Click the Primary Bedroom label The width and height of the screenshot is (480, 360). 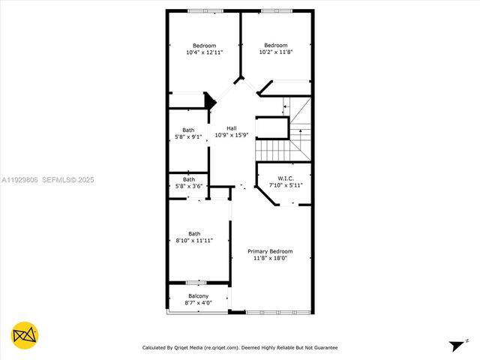pos(270,250)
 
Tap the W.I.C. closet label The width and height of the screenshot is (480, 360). pos(284,178)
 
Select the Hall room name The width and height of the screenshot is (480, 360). pos(232,128)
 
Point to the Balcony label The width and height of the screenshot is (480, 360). pos(198,296)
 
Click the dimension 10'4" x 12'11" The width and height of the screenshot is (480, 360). pos(205,52)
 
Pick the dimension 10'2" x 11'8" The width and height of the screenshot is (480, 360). pos(276,52)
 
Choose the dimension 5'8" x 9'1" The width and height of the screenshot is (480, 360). pos(188,136)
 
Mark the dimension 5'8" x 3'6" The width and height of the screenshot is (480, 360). pos(189,185)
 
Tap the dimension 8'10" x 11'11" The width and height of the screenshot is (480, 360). pos(195,240)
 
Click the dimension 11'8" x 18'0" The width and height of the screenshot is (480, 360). pos(270,257)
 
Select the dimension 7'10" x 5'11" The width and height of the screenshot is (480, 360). pos(284,184)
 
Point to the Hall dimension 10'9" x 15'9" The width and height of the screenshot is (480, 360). pos(232,135)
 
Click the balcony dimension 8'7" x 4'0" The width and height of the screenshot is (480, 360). pos(198,303)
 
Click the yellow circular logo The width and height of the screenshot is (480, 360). pos(25,334)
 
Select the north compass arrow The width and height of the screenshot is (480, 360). pos(457,346)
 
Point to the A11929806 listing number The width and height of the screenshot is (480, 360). pos(20,180)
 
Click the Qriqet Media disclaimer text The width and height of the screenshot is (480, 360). pos(240,347)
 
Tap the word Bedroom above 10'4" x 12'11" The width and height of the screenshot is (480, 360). pos(205,46)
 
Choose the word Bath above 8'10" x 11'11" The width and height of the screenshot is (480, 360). pos(194,233)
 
